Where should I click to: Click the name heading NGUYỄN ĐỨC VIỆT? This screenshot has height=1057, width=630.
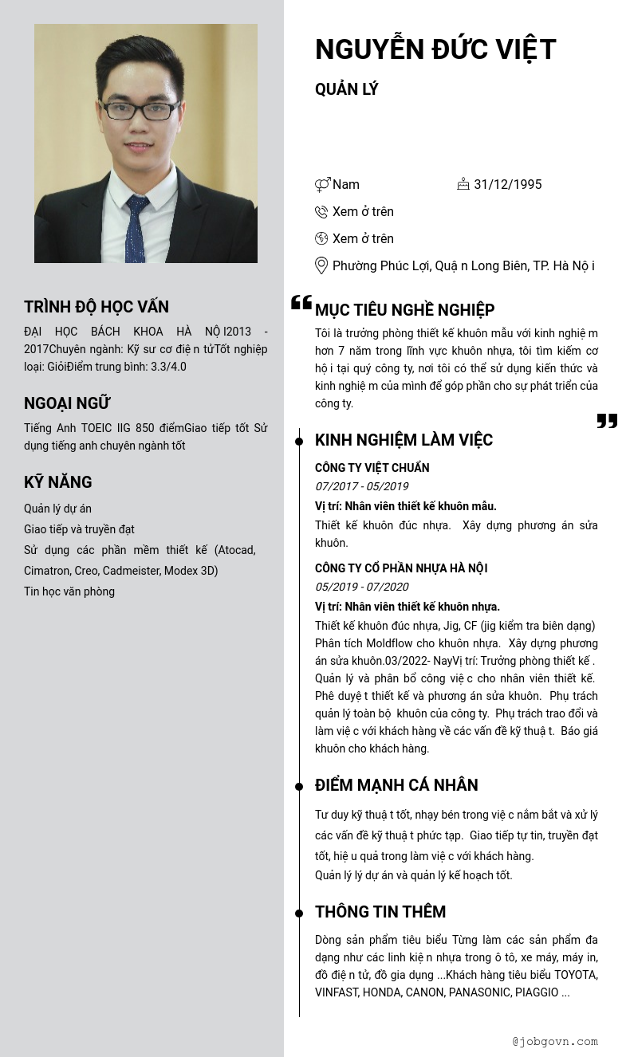(x=435, y=49)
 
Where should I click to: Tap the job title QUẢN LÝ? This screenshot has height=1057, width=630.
(x=346, y=89)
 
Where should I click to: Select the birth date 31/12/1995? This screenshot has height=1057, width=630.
(x=507, y=185)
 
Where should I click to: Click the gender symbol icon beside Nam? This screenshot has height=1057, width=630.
(x=322, y=185)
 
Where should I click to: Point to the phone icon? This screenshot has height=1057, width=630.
(x=321, y=212)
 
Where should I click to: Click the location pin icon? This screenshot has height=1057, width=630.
(x=321, y=265)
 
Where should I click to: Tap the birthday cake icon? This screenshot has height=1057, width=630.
(x=463, y=184)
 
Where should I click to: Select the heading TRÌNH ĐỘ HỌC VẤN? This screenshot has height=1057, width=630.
(x=96, y=307)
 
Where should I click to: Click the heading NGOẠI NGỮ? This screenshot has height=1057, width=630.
(x=67, y=403)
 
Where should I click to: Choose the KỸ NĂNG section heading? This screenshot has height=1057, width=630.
(x=58, y=482)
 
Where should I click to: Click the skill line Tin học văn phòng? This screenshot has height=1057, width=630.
(x=69, y=591)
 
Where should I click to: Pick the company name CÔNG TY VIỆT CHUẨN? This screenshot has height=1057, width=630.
(x=372, y=468)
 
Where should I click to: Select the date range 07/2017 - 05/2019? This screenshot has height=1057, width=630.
(x=361, y=486)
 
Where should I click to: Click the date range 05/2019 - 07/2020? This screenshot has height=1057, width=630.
(x=361, y=587)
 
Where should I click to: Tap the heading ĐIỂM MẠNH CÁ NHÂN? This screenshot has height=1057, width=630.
(x=396, y=785)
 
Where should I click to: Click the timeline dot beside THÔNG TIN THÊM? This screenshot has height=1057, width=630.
(x=299, y=914)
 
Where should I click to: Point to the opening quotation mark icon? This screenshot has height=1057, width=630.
(x=301, y=303)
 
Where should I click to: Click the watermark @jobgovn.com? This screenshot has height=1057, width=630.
(x=555, y=1041)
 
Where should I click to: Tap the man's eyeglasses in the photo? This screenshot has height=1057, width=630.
(x=139, y=111)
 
